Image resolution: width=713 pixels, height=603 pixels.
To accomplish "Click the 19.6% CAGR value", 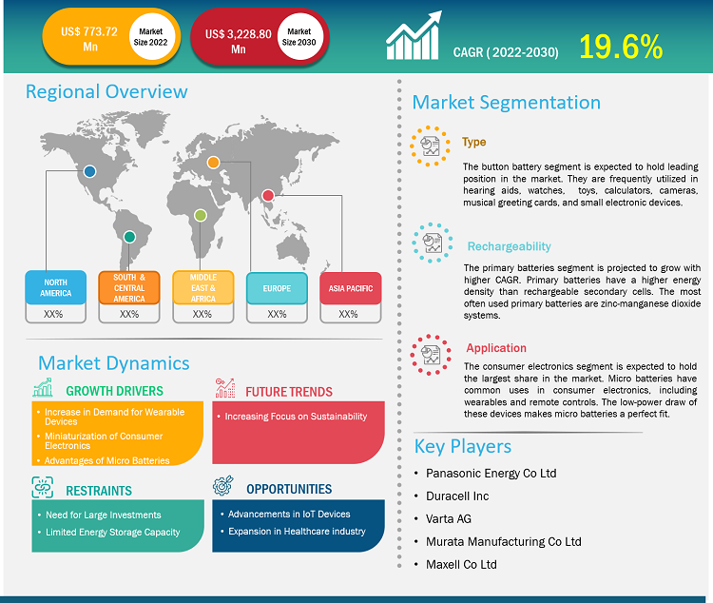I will pos(621,44).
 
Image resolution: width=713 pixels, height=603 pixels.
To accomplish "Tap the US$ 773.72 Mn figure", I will pos(88,38).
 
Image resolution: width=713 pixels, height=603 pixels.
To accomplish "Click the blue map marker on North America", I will pos(89,171).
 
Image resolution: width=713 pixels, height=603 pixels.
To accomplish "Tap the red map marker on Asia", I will pos(269,197).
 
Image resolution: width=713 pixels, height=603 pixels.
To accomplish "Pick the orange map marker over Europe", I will pos(214,163).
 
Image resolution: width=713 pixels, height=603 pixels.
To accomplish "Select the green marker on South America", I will pos(129,236).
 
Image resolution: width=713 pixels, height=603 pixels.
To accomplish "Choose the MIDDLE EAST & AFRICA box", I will pos(202,287).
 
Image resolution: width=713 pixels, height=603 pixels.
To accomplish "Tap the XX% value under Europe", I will pos(277,314).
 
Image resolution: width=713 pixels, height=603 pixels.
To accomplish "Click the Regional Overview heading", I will pos(106,91).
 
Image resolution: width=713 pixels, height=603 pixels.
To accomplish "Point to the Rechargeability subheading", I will pos(509,246).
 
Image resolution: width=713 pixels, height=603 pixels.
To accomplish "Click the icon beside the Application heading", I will pos(431,354).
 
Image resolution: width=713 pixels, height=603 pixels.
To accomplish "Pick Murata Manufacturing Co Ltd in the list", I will pos(504,541).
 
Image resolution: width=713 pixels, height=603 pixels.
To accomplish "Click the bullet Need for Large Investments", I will pos(104,515).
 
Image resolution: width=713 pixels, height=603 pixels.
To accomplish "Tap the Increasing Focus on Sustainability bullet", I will pos(296,417).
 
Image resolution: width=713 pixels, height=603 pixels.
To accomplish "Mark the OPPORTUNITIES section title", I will pos(289,489).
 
